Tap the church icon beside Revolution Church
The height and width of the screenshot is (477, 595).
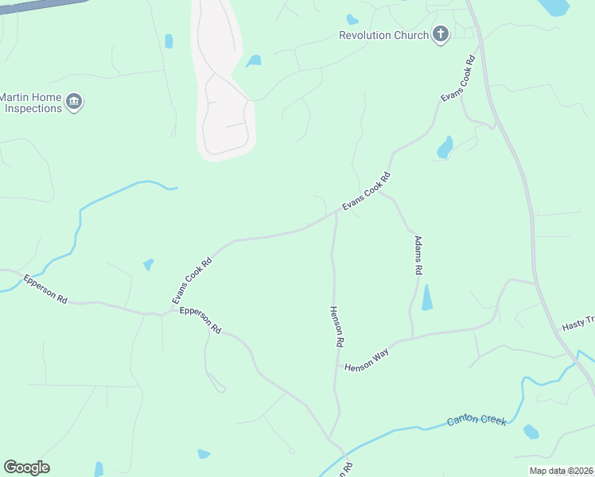coord(441,34)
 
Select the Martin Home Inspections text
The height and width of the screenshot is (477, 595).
coord(31,102)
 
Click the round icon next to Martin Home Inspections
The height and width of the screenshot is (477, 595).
coord(75,102)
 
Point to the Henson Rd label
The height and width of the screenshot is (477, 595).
coord(336,326)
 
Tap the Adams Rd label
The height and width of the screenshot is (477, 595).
coord(417,254)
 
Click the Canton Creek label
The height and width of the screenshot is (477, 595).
coord(476,420)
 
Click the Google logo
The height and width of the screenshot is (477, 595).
coord(26,467)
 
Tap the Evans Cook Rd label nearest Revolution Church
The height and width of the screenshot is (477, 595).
coord(459,78)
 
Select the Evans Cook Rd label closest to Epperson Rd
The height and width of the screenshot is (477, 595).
coord(192,279)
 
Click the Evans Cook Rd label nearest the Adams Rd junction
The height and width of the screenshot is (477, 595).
coord(367,192)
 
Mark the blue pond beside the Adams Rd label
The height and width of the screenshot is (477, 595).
coord(427,298)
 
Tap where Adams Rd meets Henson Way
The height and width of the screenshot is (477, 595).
coord(412,337)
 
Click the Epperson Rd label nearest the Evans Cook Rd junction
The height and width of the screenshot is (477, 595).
coord(200,320)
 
